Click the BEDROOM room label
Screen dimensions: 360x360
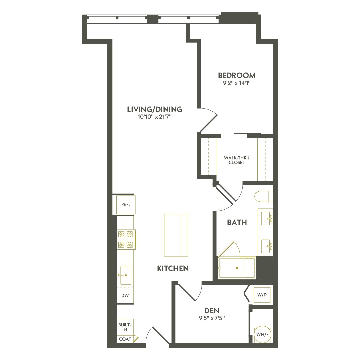[237, 75]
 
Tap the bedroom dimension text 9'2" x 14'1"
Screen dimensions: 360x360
[237, 83]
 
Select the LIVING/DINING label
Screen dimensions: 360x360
[154, 109]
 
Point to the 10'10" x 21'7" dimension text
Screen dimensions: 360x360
[154, 117]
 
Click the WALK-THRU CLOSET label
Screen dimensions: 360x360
[235, 160]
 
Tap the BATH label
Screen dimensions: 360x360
[237, 222]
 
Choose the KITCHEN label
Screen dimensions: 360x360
[173, 268]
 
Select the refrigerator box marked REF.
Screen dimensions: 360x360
[126, 205]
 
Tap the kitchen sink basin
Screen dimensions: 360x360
[126, 275]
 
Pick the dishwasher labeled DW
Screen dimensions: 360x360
[125, 295]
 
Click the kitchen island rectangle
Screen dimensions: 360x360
[176, 235]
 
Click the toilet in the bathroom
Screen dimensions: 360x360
[263, 196]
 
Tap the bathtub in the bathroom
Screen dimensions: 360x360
[237, 268]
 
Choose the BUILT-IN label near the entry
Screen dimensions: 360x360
[125, 327]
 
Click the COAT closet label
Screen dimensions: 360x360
[124, 339]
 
